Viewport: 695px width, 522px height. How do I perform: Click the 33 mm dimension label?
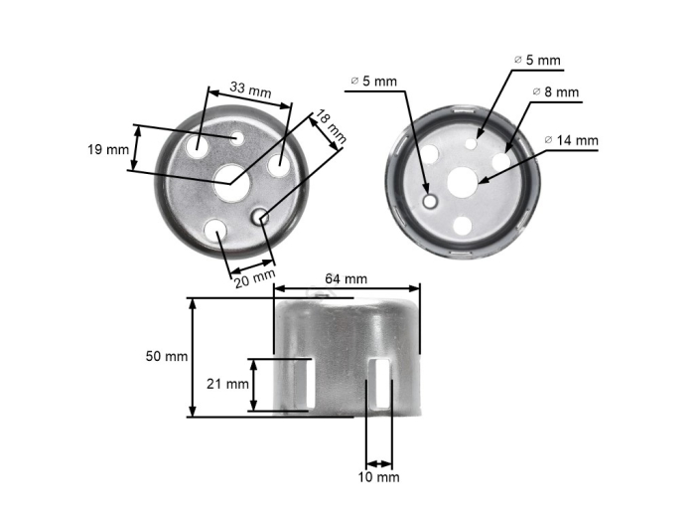point(250,90)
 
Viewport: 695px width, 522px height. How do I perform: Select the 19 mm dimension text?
point(108,149)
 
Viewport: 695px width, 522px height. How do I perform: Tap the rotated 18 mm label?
point(332,128)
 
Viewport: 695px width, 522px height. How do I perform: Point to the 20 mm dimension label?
point(255,279)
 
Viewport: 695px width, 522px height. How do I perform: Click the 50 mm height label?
point(166,356)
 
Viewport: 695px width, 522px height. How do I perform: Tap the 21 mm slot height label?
point(229,384)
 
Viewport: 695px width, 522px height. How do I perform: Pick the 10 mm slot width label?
point(380,477)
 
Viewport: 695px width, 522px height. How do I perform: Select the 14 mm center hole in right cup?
point(464,180)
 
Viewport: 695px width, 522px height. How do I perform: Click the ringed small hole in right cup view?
point(431,202)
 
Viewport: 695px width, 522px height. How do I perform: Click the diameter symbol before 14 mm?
point(548,140)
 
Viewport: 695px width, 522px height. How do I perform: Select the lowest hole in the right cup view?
point(463,226)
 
